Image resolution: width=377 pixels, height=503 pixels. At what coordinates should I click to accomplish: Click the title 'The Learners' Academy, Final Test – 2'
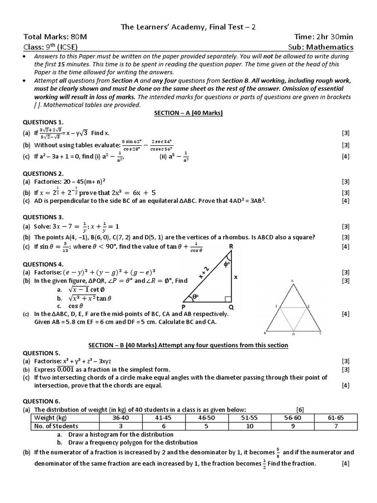pyautogui.click(x=188, y=28)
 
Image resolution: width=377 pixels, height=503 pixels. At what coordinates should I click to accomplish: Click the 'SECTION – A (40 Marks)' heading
pyautogui.click(x=188, y=113)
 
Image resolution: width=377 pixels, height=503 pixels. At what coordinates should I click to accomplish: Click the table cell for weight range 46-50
pyautogui.click(x=206, y=418)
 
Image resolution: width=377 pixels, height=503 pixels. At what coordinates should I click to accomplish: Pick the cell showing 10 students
pyautogui.click(x=250, y=426)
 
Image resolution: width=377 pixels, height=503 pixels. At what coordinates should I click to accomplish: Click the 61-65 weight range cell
pyautogui.click(x=336, y=418)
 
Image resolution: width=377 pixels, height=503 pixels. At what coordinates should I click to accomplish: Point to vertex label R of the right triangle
pyautogui.click(x=231, y=246)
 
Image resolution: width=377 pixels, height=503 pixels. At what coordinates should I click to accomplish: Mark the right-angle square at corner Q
pyautogui.click(x=227, y=298)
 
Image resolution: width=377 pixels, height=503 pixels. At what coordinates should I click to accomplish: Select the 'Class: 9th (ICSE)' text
pyautogui.click(x=50, y=47)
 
